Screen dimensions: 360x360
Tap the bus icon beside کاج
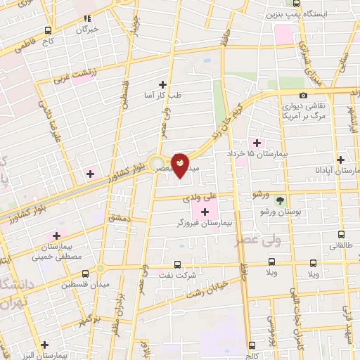tap(48, 30)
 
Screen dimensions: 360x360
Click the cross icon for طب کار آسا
tap(163, 84)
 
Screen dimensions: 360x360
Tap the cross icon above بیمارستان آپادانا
tap(340, 160)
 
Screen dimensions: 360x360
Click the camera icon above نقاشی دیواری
tap(303, 95)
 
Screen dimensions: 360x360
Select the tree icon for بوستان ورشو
tap(280, 200)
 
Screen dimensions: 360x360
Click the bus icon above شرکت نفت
tap(176, 265)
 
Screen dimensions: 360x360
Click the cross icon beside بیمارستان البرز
tap(45, 345)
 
